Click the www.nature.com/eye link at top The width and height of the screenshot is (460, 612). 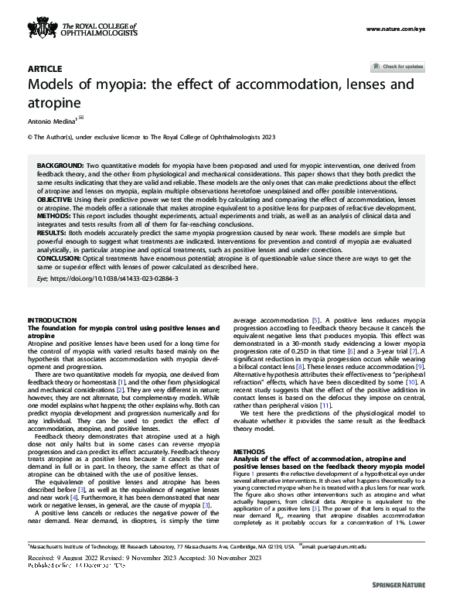pos(396,29)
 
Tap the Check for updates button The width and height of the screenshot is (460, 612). pos(398,67)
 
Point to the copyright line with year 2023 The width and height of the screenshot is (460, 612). pos(151,137)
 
